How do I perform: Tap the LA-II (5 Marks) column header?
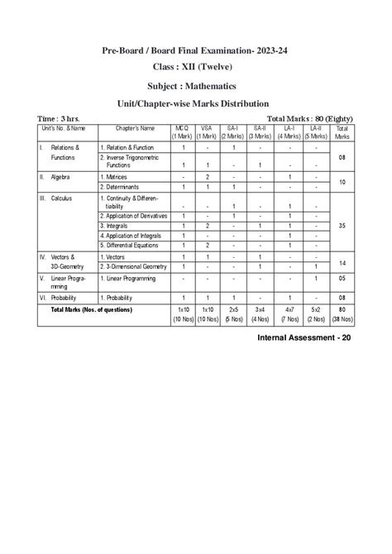point(315,132)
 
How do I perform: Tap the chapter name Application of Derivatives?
point(134,215)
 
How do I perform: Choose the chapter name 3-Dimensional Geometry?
point(136,267)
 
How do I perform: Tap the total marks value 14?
point(341,262)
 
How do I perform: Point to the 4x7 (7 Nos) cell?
point(289,315)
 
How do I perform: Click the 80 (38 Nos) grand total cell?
point(341,315)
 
